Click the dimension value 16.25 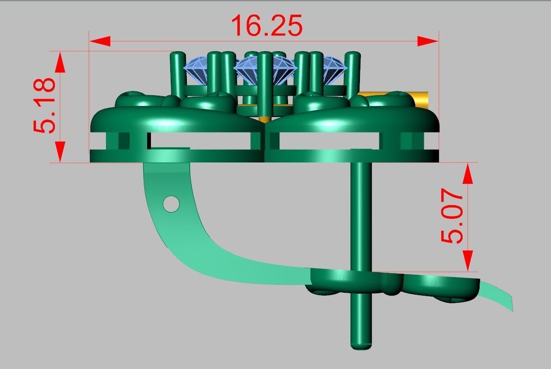267,27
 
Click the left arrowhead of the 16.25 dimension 100,41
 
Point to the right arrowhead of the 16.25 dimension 428,41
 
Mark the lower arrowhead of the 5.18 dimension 60,152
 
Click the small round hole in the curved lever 171,204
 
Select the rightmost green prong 351,71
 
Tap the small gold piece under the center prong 265,118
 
